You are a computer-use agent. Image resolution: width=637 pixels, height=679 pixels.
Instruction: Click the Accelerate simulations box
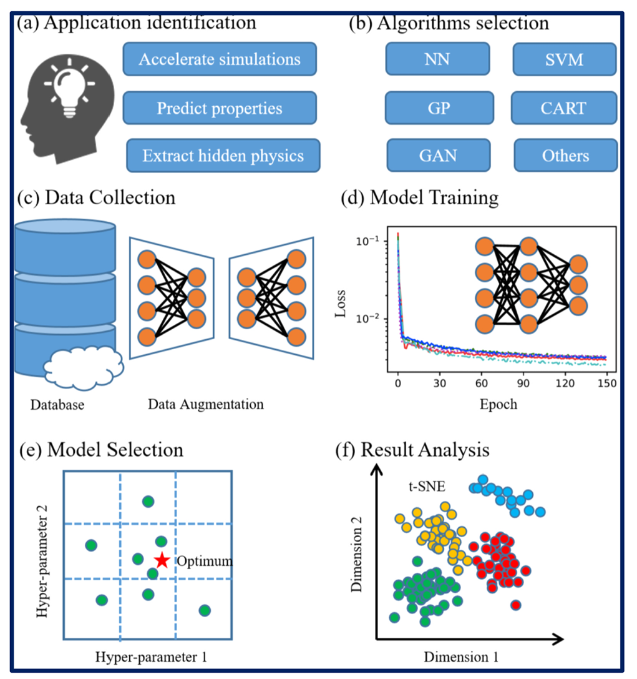(220, 60)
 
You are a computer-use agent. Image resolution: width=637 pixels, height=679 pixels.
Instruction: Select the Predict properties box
(220, 108)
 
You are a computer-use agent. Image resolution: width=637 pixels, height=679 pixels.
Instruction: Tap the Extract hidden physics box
(223, 156)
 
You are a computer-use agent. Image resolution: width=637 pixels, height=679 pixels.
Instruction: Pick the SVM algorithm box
(565, 60)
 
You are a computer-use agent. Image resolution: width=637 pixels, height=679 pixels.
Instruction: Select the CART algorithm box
(564, 108)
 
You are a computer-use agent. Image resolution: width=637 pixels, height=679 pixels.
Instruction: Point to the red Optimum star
(162, 560)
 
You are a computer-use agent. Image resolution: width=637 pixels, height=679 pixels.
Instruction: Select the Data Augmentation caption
(206, 404)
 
